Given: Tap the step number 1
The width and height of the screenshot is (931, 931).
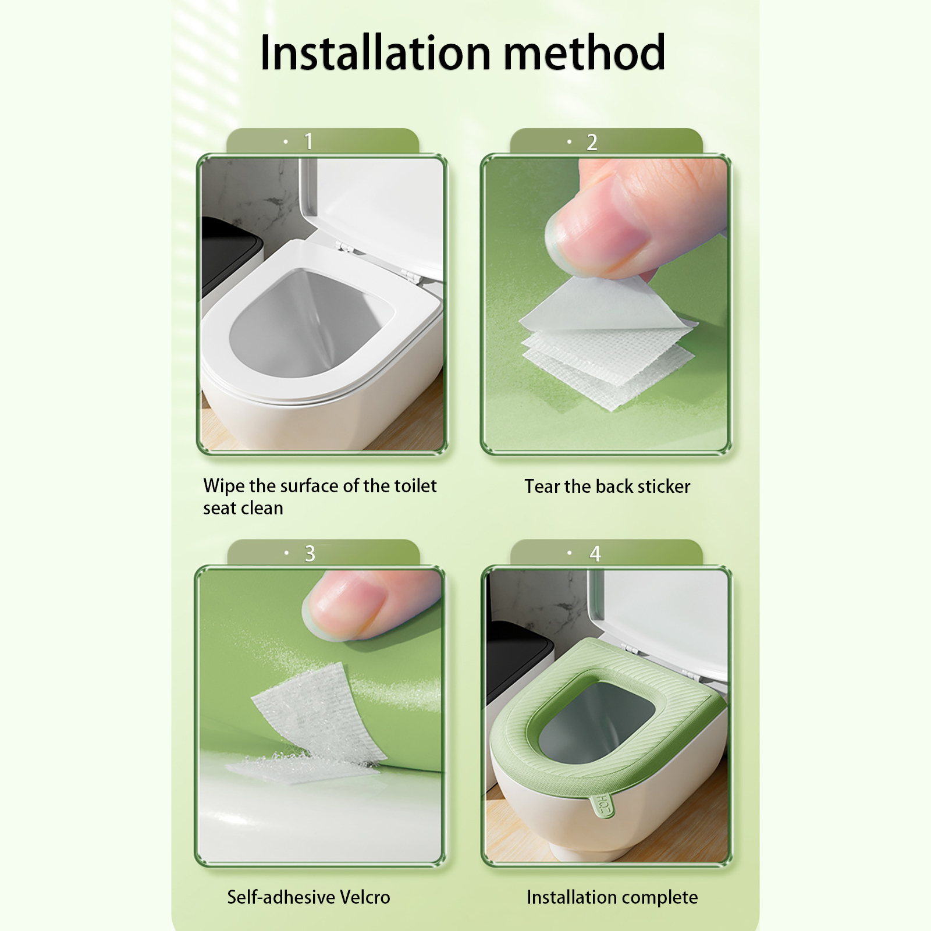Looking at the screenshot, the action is pyautogui.click(x=308, y=141).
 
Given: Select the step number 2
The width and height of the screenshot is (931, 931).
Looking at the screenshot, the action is pyautogui.click(x=592, y=142).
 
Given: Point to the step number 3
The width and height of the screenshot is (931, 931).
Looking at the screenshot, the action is pyautogui.click(x=310, y=553).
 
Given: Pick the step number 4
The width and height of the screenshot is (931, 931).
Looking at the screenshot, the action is pyautogui.click(x=595, y=553).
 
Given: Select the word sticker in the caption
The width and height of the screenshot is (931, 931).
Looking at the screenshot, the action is pyautogui.click(x=664, y=486).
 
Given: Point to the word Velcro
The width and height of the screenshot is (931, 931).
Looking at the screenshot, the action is pyautogui.click(x=365, y=897).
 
